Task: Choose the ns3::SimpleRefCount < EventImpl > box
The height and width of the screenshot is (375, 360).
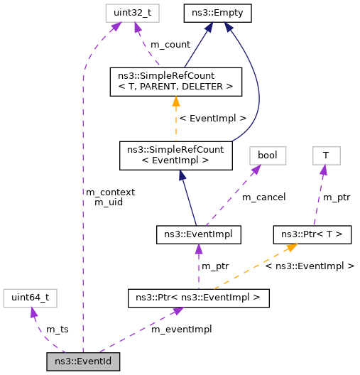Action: pyautogui.click(x=175, y=155)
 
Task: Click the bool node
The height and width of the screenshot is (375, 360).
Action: pyautogui.click(x=267, y=154)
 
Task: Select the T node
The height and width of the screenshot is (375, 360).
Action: pyautogui.click(x=325, y=154)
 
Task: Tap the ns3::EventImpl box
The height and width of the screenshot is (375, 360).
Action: pyautogui.click(x=198, y=233)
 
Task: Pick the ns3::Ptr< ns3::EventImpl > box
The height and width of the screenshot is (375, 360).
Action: pyautogui.click(x=198, y=298)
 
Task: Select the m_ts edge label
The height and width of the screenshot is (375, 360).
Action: pyautogui.click(x=57, y=330)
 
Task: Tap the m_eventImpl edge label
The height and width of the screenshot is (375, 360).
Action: pyautogui.click(x=182, y=330)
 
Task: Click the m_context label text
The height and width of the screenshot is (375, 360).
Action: pyautogui.click(x=110, y=192)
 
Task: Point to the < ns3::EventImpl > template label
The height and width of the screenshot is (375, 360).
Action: pyautogui.click(x=310, y=266)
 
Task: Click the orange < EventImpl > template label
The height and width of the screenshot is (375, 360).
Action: pyautogui.click(x=214, y=118)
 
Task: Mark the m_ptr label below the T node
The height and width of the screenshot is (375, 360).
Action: pyautogui.click(x=337, y=196)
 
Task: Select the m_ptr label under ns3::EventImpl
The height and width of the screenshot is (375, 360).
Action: pyautogui.click(x=216, y=266)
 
